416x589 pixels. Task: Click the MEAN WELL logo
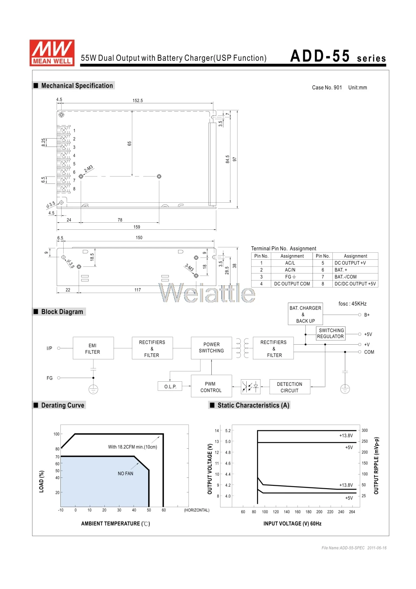pyautogui.click(x=52, y=52)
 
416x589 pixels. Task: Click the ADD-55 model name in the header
pyautogui.click(x=320, y=56)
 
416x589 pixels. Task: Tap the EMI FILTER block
pyautogui.click(x=93, y=348)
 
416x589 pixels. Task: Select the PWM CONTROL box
pyautogui.click(x=211, y=386)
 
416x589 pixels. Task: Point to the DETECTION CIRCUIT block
pyautogui.click(x=290, y=387)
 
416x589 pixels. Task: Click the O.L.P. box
pyautogui.click(x=170, y=386)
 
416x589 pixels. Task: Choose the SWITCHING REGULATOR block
pyautogui.click(x=331, y=333)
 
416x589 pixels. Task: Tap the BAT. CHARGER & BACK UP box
pyautogui.click(x=305, y=314)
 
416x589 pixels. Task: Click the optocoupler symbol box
pyautogui.click(x=250, y=387)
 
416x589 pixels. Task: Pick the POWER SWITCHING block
pyautogui.click(x=211, y=348)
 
